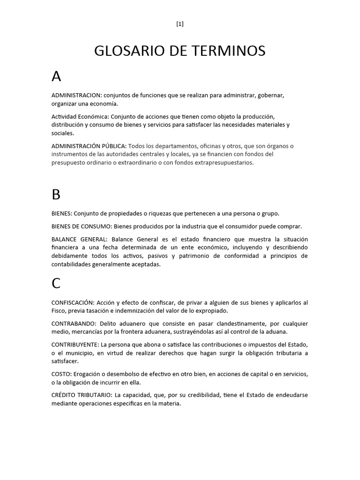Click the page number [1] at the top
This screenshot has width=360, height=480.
click(x=180, y=24)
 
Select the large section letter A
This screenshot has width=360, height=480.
click(x=57, y=76)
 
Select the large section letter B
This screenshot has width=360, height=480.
click(x=56, y=195)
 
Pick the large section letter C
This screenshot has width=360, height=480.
click(x=56, y=284)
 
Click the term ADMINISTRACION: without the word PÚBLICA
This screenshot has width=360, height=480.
click(x=76, y=95)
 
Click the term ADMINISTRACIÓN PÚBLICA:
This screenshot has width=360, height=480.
click(x=89, y=146)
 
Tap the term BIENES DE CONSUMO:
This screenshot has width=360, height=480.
click(x=82, y=226)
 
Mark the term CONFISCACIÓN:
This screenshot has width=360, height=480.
click(x=73, y=302)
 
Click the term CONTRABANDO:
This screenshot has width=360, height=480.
click(x=74, y=324)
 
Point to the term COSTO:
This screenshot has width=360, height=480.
click(x=61, y=374)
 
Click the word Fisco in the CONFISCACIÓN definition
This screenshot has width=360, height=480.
click(x=59, y=311)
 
